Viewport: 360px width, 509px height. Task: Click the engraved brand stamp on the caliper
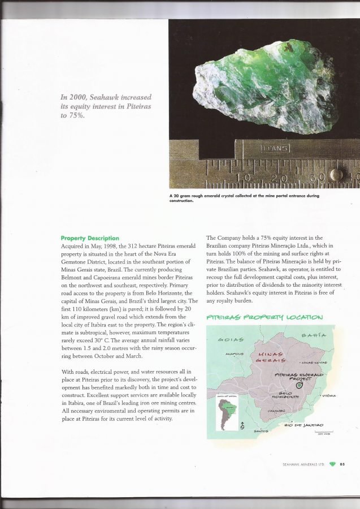(x=274, y=149)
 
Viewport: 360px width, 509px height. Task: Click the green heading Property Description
(x=90, y=238)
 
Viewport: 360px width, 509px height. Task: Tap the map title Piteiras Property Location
(x=265, y=317)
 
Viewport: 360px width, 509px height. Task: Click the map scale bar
(x=322, y=432)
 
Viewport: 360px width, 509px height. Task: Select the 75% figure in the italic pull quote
(x=76, y=117)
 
